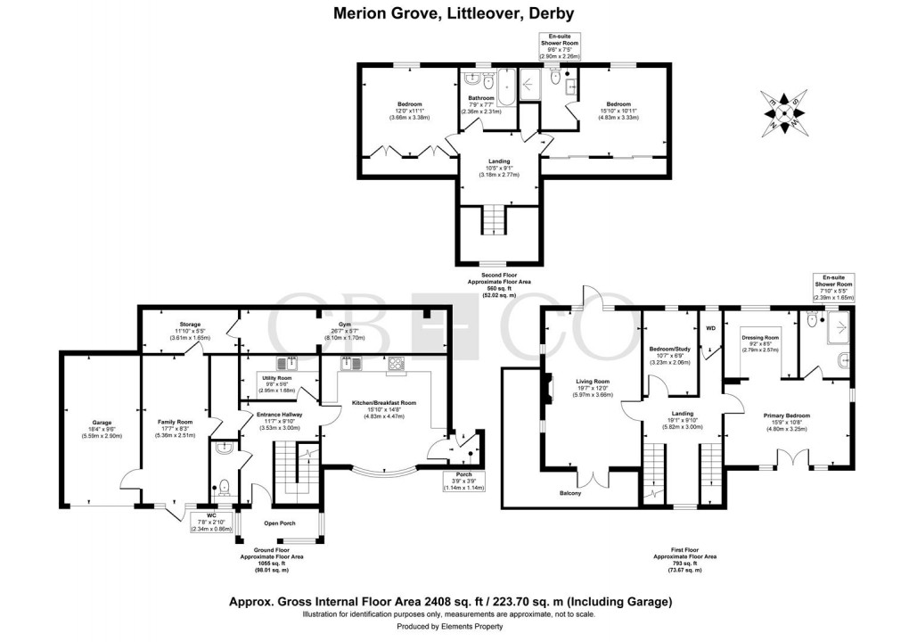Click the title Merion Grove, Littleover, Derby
click(x=454, y=13)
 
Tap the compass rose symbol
click(x=783, y=111)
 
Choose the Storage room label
click(x=188, y=325)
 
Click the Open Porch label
click(x=279, y=523)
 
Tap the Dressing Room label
click(x=760, y=338)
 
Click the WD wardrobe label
click(x=710, y=328)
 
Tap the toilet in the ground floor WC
click(x=225, y=487)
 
